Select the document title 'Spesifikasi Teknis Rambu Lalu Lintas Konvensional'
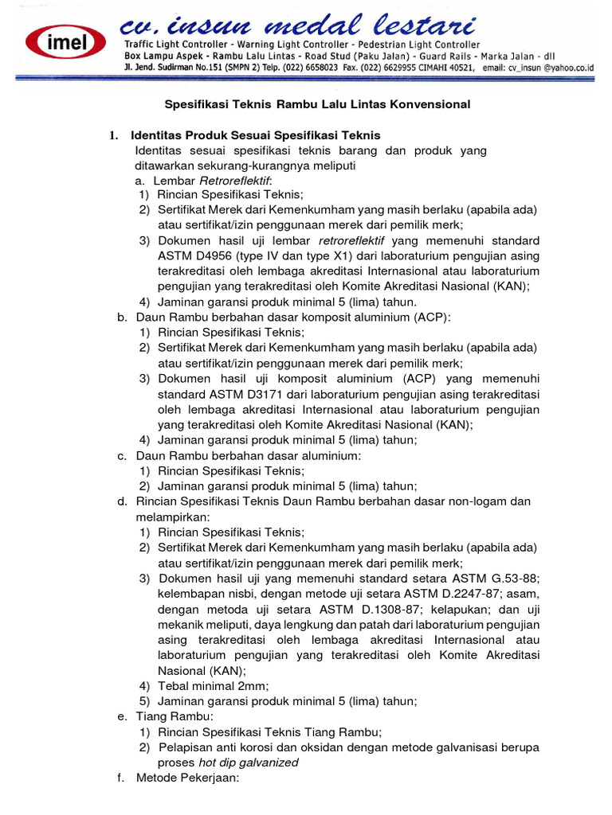317,104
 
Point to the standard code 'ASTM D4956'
191,256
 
